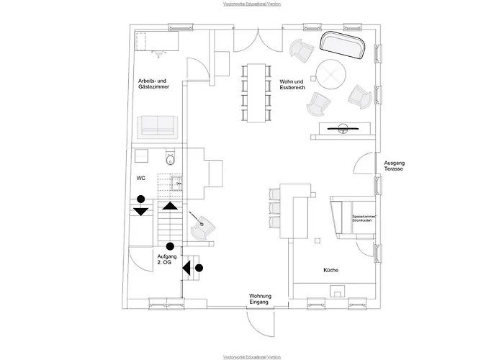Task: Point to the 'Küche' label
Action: (331, 270)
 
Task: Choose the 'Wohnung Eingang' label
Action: (259, 299)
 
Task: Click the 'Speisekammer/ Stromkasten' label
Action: (365, 218)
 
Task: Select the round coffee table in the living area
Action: (331, 73)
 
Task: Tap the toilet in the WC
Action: (171, 157)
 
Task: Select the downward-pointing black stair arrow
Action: (141, 211)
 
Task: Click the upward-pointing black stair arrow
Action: (170, 206)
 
